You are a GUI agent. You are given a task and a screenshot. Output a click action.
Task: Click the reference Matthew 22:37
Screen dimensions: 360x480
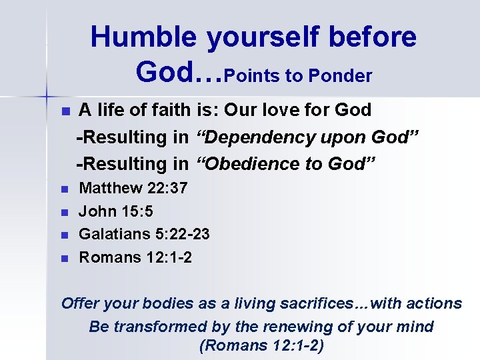coord(133,188)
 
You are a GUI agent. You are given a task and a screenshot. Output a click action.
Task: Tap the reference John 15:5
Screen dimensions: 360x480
coord(116,211)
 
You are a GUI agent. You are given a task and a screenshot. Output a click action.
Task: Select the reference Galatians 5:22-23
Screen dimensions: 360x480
coord(145,234)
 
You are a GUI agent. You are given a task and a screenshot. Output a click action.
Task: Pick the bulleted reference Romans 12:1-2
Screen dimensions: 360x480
coord(136,257)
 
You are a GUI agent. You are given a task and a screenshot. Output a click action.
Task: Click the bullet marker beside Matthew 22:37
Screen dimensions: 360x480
coord(65,189)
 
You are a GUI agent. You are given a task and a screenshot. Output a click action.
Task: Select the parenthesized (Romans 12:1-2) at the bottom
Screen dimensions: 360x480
coord(261,347)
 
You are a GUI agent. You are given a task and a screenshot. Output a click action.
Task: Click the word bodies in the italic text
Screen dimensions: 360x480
coord(171,303)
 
